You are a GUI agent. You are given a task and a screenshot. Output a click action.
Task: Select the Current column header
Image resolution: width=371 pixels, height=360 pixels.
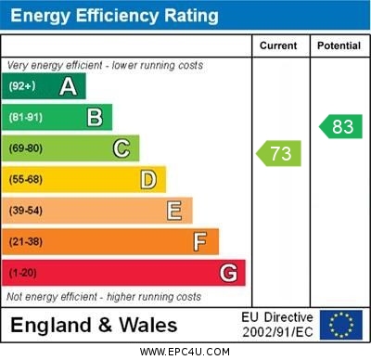[278, 45]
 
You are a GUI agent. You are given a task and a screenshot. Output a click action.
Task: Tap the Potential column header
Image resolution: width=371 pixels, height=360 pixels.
[339, 45]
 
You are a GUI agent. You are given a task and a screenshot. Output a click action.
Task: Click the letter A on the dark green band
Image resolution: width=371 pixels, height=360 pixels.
[68, 87]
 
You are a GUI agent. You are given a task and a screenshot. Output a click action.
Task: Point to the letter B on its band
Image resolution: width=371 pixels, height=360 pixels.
[95, 118]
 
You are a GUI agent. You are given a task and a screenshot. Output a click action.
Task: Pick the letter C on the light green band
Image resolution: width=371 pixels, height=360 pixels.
[122, 148]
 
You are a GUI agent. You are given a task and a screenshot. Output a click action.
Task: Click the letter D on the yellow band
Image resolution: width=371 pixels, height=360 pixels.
[148, 179]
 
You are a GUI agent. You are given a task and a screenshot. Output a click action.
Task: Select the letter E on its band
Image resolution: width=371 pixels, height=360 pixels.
[174, 211]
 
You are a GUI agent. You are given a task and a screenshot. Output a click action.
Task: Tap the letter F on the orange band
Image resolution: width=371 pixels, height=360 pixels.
[200, 242]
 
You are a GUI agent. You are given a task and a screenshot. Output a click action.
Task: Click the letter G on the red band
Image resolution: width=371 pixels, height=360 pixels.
[228, 274]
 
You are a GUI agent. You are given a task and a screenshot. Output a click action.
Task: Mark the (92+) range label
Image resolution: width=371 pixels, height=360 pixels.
[22, 87]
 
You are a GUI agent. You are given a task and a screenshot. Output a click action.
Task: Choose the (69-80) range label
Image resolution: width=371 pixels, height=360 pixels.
[26, 148]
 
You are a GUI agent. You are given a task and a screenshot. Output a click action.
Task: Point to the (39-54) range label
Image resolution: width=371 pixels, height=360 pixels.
[26, 211]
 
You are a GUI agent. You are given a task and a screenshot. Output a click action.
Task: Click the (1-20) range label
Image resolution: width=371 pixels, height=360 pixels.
[24, 274]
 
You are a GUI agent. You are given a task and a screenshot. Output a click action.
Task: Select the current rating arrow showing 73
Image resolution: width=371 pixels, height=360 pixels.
[278, 152]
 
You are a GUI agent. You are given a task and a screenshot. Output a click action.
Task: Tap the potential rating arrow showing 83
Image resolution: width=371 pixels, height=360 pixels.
[340, 126]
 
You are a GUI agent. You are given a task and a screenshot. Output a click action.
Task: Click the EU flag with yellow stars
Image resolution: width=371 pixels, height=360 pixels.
[341, 325]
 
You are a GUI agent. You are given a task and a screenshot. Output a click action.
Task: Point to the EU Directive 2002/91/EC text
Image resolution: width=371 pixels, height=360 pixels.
[277, 325]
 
